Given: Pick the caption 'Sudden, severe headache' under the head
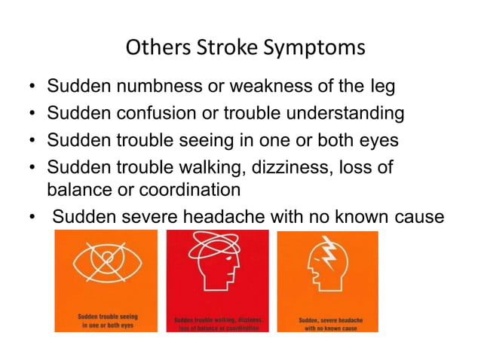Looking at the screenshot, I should [x=330, y=320].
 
